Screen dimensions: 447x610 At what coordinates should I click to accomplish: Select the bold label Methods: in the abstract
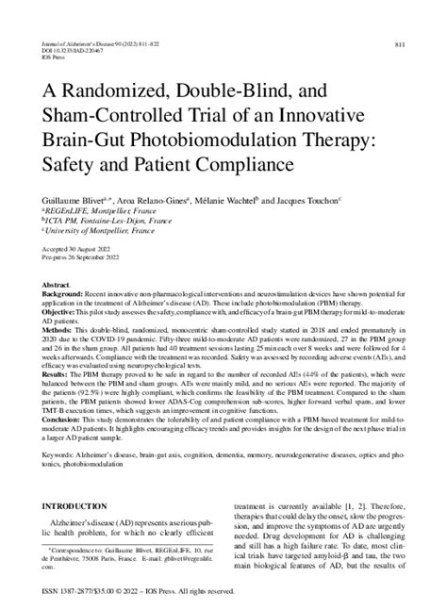point(56,329)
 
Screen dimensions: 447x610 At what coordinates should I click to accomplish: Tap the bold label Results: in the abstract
point(54,374)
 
